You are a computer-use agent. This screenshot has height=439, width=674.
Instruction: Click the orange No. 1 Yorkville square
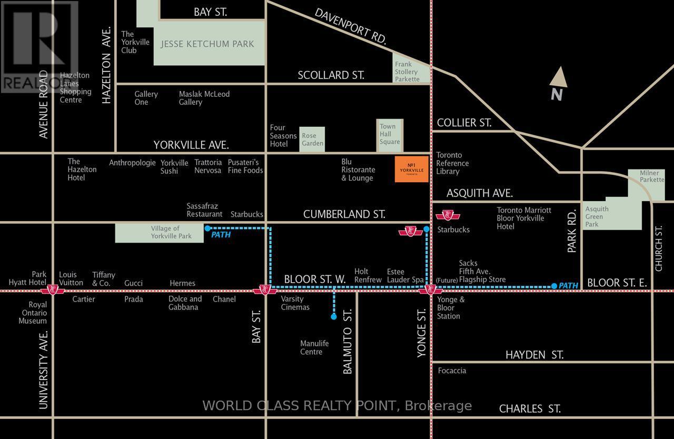pos(411,169)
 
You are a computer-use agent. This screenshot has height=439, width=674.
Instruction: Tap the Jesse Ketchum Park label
pos(207,44)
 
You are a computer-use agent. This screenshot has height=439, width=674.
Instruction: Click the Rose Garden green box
pos(312,139)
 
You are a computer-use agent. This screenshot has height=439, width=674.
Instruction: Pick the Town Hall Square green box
pos(390,134)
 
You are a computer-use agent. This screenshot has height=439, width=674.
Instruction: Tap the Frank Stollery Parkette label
pos(407,72)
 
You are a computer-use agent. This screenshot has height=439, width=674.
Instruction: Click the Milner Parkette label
pos(652,176)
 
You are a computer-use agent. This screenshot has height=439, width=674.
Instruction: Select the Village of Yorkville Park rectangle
pos(160,232)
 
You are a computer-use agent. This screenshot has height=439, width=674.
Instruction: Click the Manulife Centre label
pos(314,347)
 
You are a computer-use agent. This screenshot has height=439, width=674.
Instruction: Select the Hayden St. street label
pos(534,355)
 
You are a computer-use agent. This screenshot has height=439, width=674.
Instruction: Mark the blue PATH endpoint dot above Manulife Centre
pos(333,317)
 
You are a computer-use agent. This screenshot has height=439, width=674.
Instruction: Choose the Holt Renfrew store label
pos(368,275)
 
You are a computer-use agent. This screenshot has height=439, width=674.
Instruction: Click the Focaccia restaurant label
pos(452,371)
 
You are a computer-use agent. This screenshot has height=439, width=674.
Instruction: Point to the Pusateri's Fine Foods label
pos(245,166)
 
